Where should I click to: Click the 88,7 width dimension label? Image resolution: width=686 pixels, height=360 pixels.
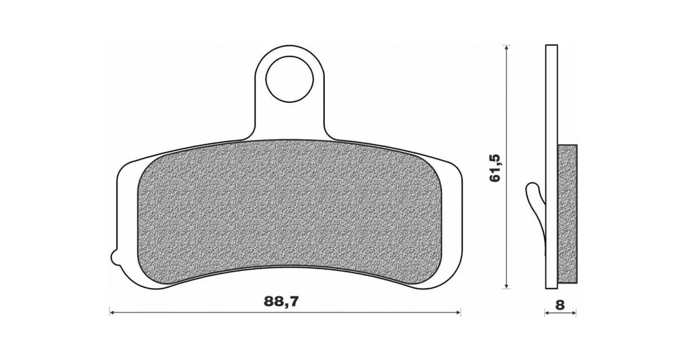click(x=281, y=301)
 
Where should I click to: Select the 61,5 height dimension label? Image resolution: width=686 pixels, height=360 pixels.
click(x=495, y=167)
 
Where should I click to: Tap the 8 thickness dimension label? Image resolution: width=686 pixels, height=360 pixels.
click(x=560, y=305)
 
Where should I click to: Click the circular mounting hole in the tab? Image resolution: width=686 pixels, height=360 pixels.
click(x=290, y=79)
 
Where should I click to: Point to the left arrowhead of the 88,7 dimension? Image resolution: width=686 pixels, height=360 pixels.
click(x=112, y=313)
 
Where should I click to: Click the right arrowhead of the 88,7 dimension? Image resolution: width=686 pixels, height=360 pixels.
click(x=458, y=313)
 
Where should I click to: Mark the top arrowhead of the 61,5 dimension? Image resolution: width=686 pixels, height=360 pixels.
click(x=506, y=47)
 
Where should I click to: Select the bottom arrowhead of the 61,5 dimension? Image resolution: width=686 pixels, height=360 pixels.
click(x=506, y=285)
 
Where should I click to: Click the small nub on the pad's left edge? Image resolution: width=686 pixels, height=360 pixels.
click(x=113, y=257)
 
